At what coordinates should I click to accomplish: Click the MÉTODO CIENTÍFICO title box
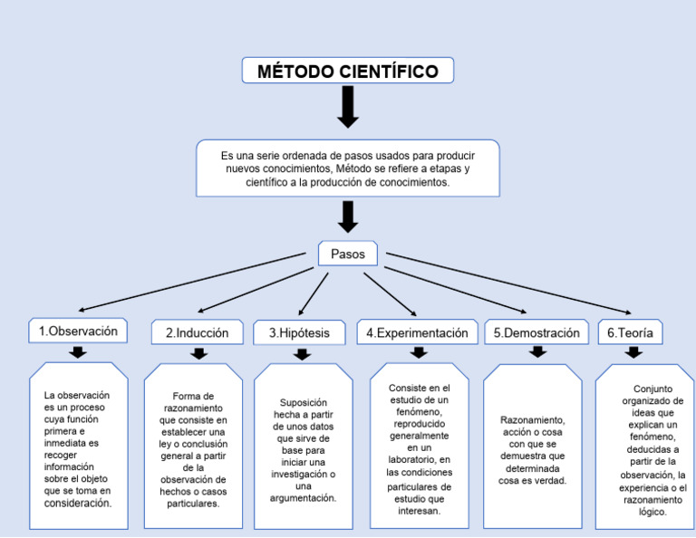click(347, 72)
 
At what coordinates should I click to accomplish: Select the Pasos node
click(347, 255)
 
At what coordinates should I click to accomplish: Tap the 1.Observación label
click(78, 331)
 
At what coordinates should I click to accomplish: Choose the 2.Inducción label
click(197, 333)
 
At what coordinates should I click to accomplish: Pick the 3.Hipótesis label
click(299, 333)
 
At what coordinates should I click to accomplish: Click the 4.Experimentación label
click(417, 333)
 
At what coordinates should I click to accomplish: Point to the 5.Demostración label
click(536, 333)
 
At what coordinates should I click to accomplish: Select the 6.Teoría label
click(630, 333)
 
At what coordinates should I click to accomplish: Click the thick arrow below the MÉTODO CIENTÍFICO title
click(347, 109)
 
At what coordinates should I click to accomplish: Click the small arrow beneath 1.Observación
click(78, 352)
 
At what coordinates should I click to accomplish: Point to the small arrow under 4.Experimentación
click(418, 352)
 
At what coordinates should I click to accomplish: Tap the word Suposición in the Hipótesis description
click(304, 403)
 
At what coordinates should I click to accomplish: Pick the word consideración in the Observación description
click(78, 503)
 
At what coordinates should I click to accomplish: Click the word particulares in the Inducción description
click(193, 504)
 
